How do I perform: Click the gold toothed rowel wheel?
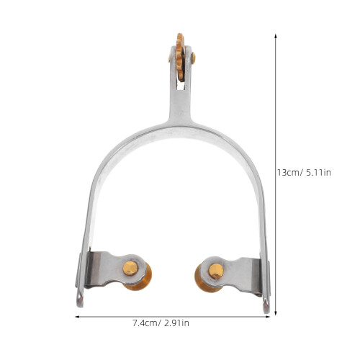[180, 57]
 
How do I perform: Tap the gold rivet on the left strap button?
[130, 268]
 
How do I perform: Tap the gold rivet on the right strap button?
[216, 271]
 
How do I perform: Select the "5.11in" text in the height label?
[319, 173]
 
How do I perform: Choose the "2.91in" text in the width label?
[177, 323]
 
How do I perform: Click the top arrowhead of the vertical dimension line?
[276, 36]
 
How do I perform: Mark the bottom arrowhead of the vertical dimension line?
[276, 312]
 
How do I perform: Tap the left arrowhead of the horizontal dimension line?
[78, 317]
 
